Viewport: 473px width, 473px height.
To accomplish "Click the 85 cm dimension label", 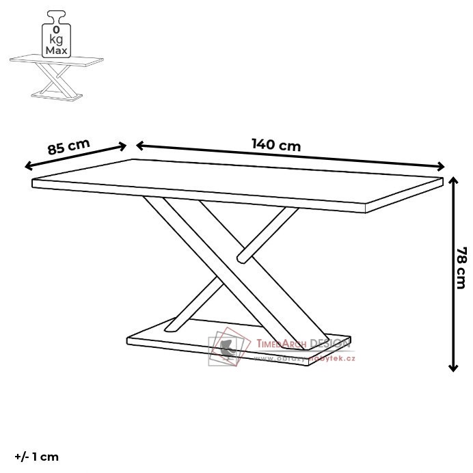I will coord(68,146).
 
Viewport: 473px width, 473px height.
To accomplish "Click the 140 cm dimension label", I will coord(276,145).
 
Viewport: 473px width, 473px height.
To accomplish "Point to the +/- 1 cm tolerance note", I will coord(37,457).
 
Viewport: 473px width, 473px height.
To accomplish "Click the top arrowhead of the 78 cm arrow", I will coord(452,180).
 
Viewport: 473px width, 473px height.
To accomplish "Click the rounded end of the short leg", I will coord(241,258).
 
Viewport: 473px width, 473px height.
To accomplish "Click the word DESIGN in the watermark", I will coord(329,343).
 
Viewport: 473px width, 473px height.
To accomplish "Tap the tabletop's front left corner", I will coord(33,183).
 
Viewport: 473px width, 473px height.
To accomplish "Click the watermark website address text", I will coord(306,358).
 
